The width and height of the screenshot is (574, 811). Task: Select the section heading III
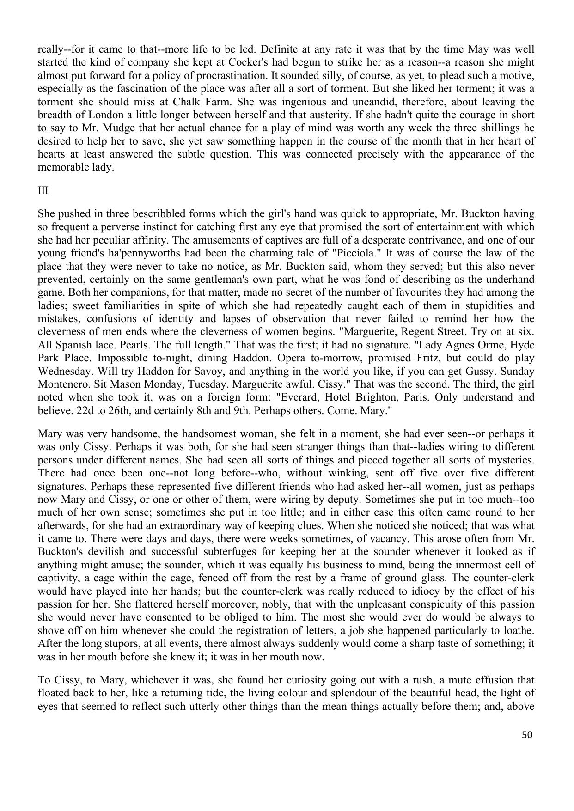(43, 190)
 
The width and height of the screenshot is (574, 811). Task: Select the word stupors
(119, 643)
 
